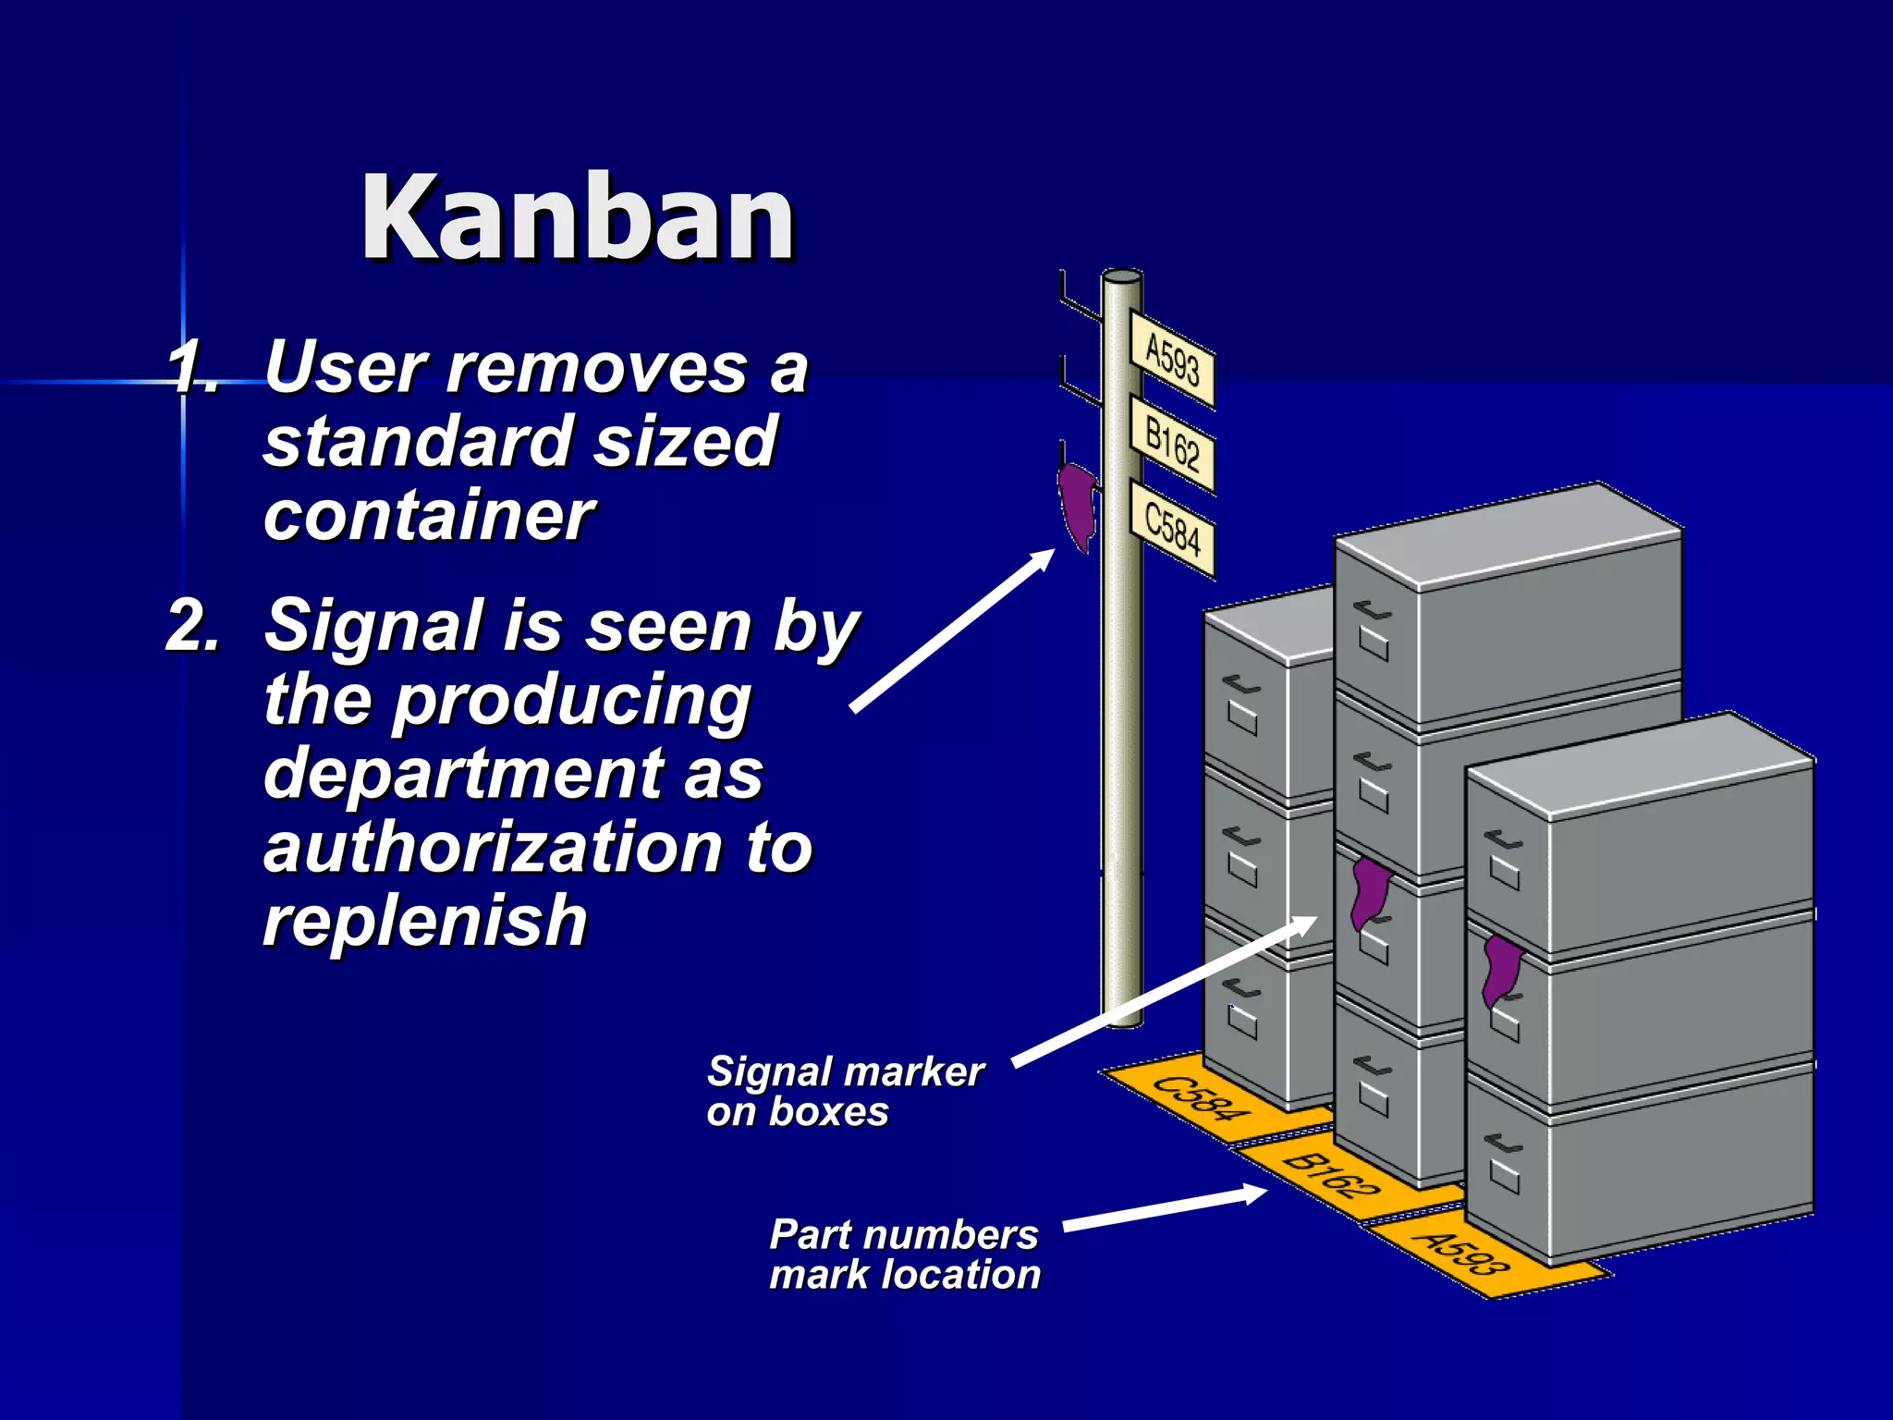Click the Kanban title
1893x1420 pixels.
(x=578, y=218)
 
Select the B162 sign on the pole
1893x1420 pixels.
(x=1172, y=445)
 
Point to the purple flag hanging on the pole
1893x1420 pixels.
(x=1077, y=508)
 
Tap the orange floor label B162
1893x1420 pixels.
(x=1332, y=1175)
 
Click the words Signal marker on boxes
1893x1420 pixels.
(x=843, y=1091)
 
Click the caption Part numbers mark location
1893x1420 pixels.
(x=904, y=1255)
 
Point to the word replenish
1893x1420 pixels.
(x=425, y=921)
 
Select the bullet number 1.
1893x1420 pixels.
(x=192, y=368)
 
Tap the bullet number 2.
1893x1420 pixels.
(x=192, y=626)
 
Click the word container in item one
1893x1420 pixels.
(x=429, y=515)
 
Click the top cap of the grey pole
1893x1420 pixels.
(x=1122, y=276)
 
